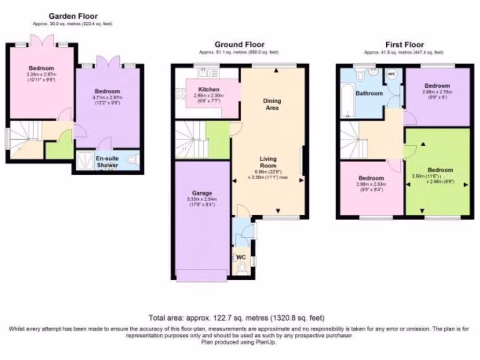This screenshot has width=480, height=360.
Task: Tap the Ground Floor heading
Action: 239,45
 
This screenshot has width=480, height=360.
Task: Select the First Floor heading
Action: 404,45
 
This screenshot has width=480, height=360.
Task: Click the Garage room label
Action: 202,193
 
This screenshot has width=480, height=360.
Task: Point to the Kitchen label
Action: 209,90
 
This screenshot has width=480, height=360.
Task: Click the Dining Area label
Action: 272,104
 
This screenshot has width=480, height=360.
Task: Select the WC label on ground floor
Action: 241,257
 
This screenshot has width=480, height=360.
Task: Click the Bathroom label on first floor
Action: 369,93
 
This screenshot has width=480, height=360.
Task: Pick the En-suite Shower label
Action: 107,162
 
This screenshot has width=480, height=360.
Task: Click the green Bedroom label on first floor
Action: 440,170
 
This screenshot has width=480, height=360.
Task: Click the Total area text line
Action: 236,318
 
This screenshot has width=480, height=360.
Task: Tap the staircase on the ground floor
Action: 191,140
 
